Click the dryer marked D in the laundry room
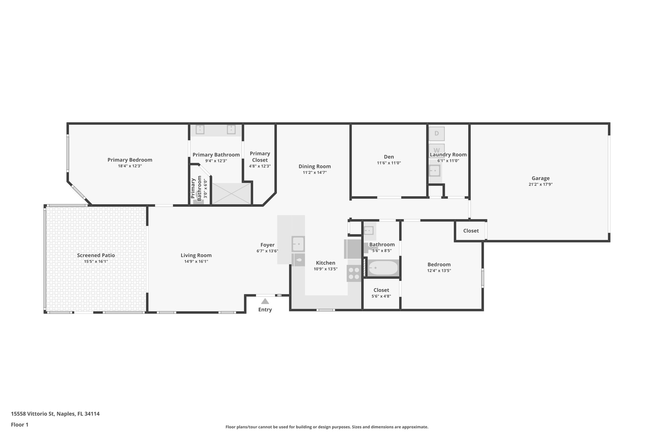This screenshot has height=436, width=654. click(436, 134)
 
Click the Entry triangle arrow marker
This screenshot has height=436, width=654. click(265, 301)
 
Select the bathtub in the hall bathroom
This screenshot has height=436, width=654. click(383, 268)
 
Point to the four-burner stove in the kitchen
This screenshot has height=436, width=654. click(354, 274)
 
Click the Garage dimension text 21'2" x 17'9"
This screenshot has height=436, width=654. click(540, 184)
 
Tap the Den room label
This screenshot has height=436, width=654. click(389, 157)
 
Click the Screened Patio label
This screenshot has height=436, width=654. click(96, 255)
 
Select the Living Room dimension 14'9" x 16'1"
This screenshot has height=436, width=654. click(196, 261)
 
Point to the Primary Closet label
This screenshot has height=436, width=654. click(260, 157)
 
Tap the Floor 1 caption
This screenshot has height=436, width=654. click(19, 425)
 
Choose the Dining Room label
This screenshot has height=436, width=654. click(315, 166)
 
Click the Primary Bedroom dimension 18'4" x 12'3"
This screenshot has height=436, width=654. click(130, 166)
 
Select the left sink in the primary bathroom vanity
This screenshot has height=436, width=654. click(200, 129)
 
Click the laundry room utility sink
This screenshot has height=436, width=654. click(435, 171)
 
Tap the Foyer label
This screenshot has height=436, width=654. click(267, 245)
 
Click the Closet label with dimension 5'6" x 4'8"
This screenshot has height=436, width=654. click(381, 290)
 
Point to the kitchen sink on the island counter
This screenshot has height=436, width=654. click(298, 244)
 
